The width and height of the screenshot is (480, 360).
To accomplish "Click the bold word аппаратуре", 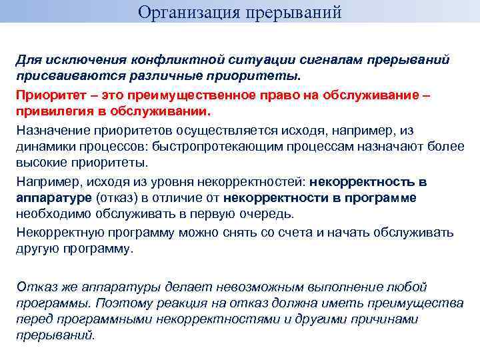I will [54, 197].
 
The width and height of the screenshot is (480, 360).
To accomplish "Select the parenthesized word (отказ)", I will [118, 197].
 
